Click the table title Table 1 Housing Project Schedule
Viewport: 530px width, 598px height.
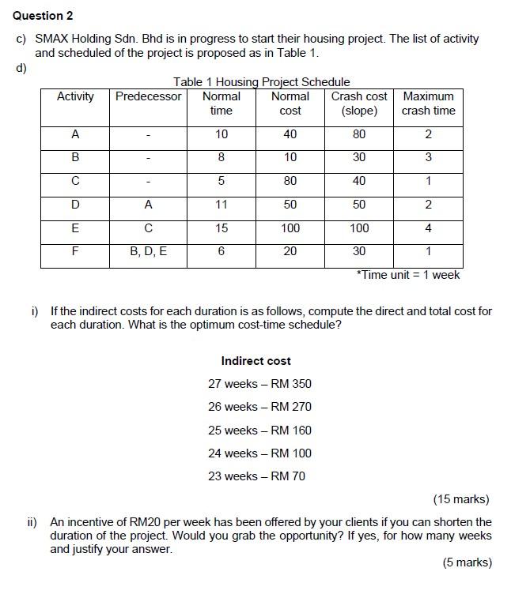point(261,82)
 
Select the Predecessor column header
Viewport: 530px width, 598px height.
point(149,96)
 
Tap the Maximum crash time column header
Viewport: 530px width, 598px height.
point(428,103)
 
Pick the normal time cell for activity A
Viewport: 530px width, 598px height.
point(221,134)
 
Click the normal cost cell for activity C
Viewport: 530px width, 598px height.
point(290,181)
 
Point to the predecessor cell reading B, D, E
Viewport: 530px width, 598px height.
point(149,251)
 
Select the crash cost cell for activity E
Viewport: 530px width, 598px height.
point(359,228)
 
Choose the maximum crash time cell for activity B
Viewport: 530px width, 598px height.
point(428,157)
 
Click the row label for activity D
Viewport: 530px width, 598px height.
point(75,205)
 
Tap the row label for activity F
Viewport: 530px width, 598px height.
point(75,251)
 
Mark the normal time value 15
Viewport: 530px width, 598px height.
point(221,228)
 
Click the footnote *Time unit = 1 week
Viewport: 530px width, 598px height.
point(407,275)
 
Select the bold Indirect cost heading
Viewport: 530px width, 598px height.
point(256,361)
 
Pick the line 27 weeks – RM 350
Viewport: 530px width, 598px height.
point(259,384)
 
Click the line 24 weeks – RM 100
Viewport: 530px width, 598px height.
point(259,453)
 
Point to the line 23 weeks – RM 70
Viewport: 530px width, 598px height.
point(256,476)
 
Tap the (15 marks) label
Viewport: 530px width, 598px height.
point(461,499)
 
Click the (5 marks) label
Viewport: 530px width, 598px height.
point(467,562)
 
